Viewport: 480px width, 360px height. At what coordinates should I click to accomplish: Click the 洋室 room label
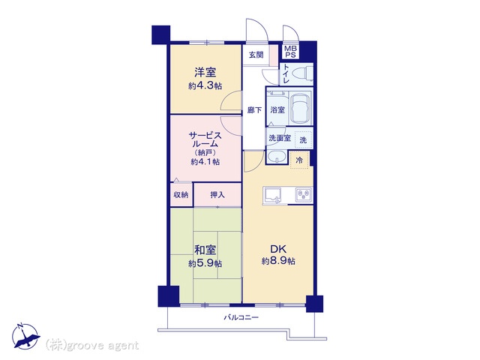[205, 73]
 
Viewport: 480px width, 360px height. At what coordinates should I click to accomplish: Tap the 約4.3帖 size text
[205, 86]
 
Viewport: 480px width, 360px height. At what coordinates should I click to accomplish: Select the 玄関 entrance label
[256, 55]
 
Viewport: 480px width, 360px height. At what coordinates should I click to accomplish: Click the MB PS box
[290, 52]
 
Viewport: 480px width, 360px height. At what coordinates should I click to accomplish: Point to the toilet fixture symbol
[302, 74]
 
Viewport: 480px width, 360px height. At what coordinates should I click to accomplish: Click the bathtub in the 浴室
[300, 107]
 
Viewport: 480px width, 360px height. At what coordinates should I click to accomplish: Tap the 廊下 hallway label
[254, 110]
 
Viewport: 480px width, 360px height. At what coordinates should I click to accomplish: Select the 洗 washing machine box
[303, 140]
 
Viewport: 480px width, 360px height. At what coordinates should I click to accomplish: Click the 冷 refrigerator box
[299, 160]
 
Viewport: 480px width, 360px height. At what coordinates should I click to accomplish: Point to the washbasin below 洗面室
[277, 157]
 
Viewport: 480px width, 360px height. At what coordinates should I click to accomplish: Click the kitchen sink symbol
[272, 195]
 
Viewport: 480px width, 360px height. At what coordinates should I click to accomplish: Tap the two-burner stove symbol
[304, 195]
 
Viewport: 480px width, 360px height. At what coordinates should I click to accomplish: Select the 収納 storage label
[181, 194]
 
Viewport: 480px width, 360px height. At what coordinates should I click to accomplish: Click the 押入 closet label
[217, 194]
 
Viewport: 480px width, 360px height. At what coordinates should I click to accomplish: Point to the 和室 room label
[205, 250]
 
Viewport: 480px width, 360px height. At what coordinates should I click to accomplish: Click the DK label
[278, 248]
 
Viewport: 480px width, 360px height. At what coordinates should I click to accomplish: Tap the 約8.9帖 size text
[278, 261]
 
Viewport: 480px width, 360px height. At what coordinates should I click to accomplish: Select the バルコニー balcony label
[241, 317]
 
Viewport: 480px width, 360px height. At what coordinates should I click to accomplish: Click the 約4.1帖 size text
[205, 162]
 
